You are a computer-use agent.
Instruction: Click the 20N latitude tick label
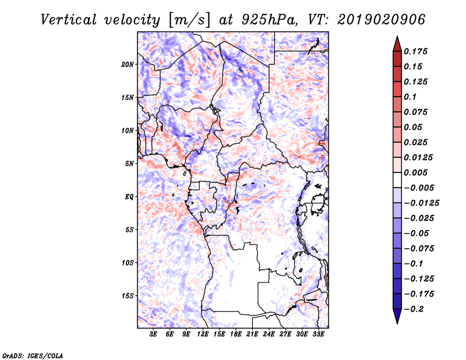coord(128,65)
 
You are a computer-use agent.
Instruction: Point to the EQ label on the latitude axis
coord(129,197)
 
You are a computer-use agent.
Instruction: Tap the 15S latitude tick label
coord(128,296)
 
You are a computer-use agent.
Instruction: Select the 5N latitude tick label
coord(129,164)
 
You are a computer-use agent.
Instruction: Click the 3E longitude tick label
coord(153,334)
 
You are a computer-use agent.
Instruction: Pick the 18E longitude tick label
coord(236,334)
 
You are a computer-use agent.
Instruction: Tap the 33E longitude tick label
coord(318,334)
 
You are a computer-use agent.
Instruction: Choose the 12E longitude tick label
coord(203,334)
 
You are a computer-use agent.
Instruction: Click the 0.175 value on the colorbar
coord(415,51)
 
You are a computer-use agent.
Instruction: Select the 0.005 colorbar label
coord(415,172)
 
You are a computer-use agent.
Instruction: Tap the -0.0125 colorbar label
coord(421,203)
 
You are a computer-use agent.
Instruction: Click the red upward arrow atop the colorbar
coord(397,44)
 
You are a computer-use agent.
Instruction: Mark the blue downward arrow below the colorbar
coord(397,316)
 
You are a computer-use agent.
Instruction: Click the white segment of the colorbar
coord(397,180)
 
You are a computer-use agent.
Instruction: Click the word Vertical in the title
coord(69,20)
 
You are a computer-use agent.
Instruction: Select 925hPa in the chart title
coord(269,20)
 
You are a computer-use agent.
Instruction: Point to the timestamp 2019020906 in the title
coord(382,20)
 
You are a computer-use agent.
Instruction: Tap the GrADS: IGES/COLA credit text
coord(33,355)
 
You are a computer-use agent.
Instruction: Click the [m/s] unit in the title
coord(189,20)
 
